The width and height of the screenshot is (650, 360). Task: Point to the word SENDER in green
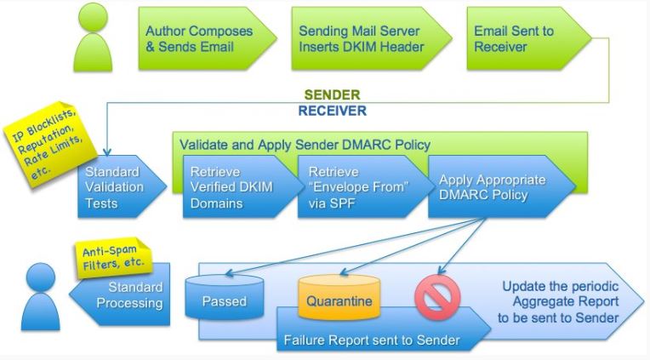331,94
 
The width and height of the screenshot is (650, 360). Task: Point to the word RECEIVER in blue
331,111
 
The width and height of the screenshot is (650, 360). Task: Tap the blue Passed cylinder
225,300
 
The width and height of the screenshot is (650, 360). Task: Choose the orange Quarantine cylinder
339,300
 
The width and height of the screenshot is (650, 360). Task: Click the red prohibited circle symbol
436,296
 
